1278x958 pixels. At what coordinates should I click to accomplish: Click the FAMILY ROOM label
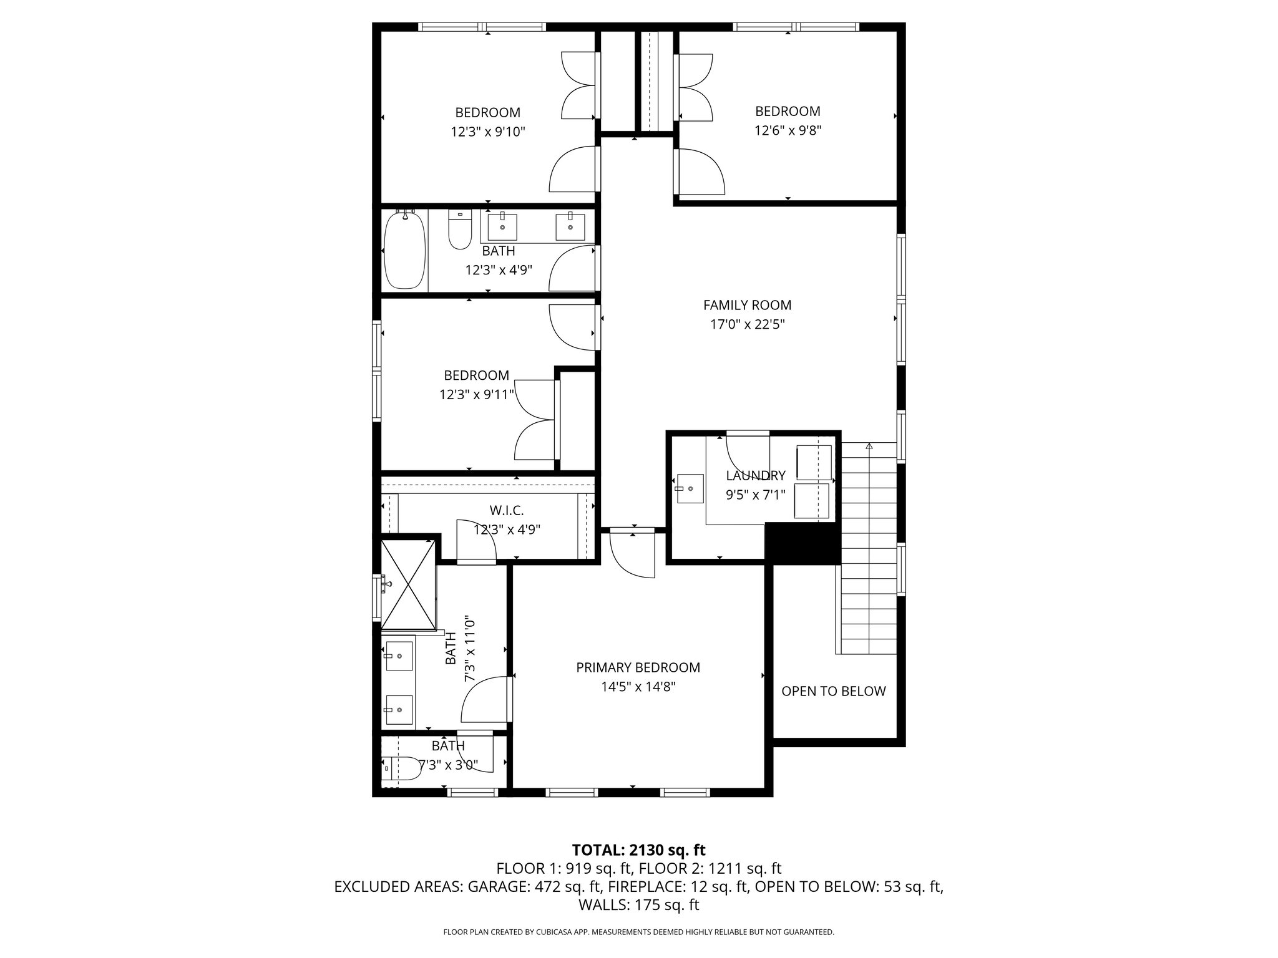[x=747, y=305]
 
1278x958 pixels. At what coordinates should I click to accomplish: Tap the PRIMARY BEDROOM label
[x=638, y=667]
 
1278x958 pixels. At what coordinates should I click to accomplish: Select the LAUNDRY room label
[x=755, y=476]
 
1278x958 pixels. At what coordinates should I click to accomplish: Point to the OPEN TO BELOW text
[x=833, y=691]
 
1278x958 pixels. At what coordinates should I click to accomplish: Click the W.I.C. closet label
[x=506, y=511]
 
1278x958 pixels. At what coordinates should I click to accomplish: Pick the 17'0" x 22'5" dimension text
[x=747, y=324]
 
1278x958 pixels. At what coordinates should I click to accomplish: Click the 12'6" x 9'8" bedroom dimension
[x=788, y=130]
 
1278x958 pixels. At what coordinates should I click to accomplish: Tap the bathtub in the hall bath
[x=405, y=250]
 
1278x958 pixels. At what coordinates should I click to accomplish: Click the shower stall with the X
[x=408, y=584]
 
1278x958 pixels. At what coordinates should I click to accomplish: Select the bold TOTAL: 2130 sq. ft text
[x=638, y=849]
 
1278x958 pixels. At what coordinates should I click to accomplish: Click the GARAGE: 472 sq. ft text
[x=534, y=887]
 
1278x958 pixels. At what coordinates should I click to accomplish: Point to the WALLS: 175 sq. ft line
[x=638, y=905]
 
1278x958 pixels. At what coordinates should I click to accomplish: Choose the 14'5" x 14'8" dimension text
[x=638, y=687]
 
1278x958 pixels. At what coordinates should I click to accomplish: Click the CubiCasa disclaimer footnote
[x=638, y=932]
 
